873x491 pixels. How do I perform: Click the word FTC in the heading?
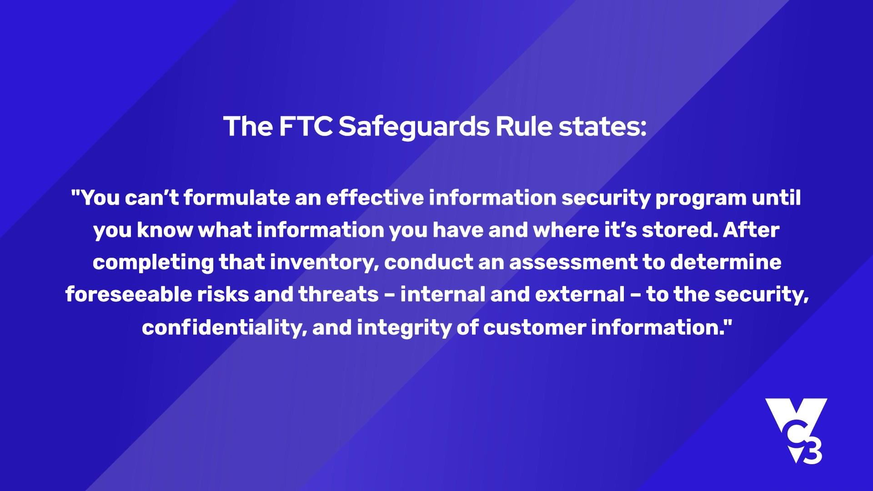tap(306, 126)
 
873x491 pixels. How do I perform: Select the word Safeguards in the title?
tap(414, 127)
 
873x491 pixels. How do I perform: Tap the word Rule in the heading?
tap(524, 126)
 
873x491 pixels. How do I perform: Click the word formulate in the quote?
tap(236, 198)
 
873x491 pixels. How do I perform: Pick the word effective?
tap(375, 198)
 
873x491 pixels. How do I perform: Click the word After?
tap(751, 230)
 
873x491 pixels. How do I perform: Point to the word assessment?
tap(573, 263)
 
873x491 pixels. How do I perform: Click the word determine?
tap(726, 262)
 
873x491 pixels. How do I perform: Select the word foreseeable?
tap(128, 294)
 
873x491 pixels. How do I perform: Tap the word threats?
tap(338, 295)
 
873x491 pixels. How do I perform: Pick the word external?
tap(580, 295)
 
